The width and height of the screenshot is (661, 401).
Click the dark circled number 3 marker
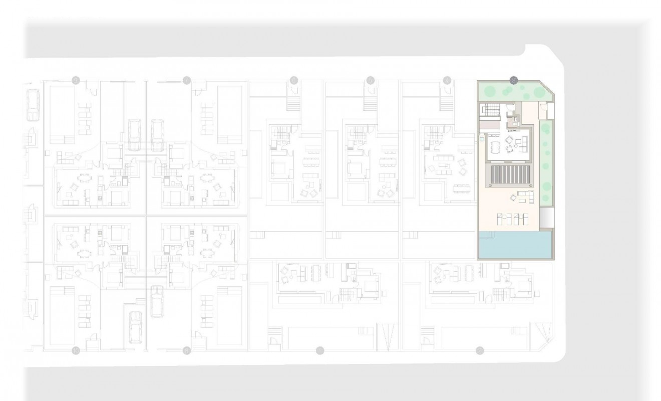click(x=513, y=80)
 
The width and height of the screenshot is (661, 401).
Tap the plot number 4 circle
click(x=447, y=80)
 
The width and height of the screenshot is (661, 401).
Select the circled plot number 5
click(x=371, y=80)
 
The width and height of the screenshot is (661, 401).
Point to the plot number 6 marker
click(x=294, y=80)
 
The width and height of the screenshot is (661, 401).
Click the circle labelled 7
click(x=187, y=80)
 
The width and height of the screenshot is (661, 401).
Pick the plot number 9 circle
click(x=76, y=80)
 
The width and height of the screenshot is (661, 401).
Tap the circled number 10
click(x=76, y=350)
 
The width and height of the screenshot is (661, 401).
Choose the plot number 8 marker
click(x=187, y=350)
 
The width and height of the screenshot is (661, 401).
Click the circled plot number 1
click(x=320, y=350)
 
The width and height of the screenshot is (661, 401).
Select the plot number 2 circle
click(x=480, y=350)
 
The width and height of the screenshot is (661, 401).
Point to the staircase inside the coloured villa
click(x=491, y=110)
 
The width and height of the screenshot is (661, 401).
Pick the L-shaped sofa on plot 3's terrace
click(x=526, y=196)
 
